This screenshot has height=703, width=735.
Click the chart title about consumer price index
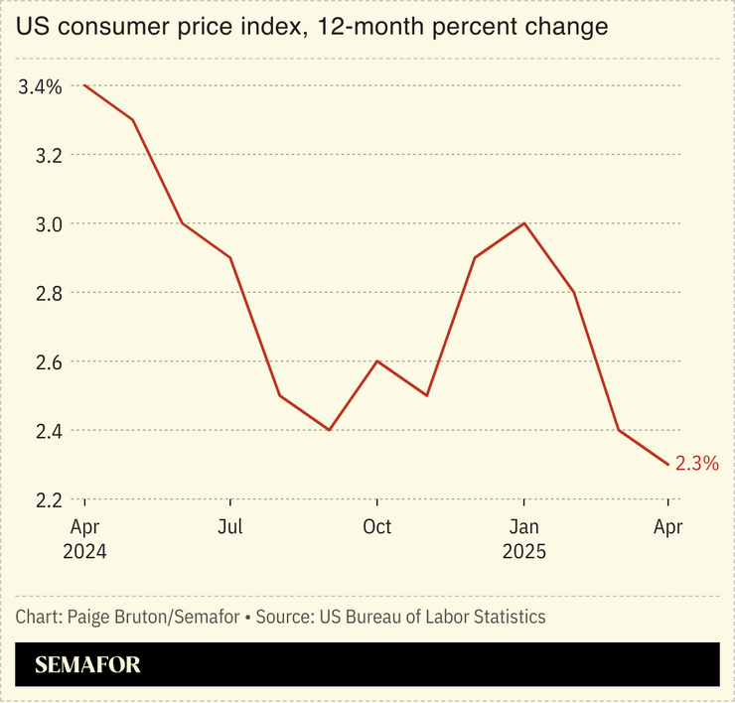311,27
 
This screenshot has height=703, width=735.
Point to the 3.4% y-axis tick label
40,86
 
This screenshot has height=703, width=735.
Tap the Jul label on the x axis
230,526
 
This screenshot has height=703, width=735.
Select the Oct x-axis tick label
376,526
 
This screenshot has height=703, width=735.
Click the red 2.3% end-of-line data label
696,463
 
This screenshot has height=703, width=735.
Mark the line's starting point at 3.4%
84,85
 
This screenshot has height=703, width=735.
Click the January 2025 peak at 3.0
523,223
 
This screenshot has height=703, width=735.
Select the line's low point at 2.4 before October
329,430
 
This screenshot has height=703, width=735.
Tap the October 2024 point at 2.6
376,361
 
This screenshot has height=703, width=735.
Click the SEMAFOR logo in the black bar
87,665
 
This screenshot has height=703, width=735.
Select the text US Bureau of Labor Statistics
432,617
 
